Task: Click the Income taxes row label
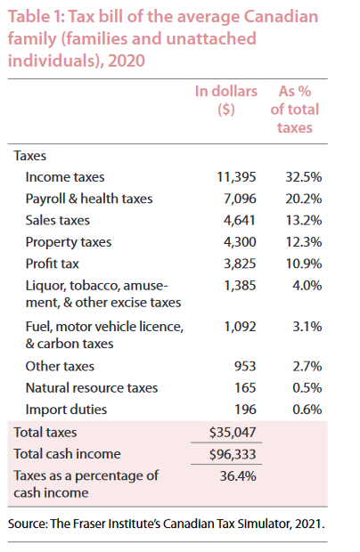click(64, 177)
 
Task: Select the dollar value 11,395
click(236, 177)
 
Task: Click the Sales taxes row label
click(57, 220)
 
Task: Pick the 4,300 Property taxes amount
click(238, 241)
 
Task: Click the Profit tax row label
click(53, 263)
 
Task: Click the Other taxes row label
click(60, 366)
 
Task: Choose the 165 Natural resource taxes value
click(246, 387)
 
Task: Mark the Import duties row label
click(66, 409)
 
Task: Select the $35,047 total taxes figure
click(233, 433)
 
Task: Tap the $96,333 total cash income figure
click(233, 454)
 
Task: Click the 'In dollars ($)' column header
click(226, 101)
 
